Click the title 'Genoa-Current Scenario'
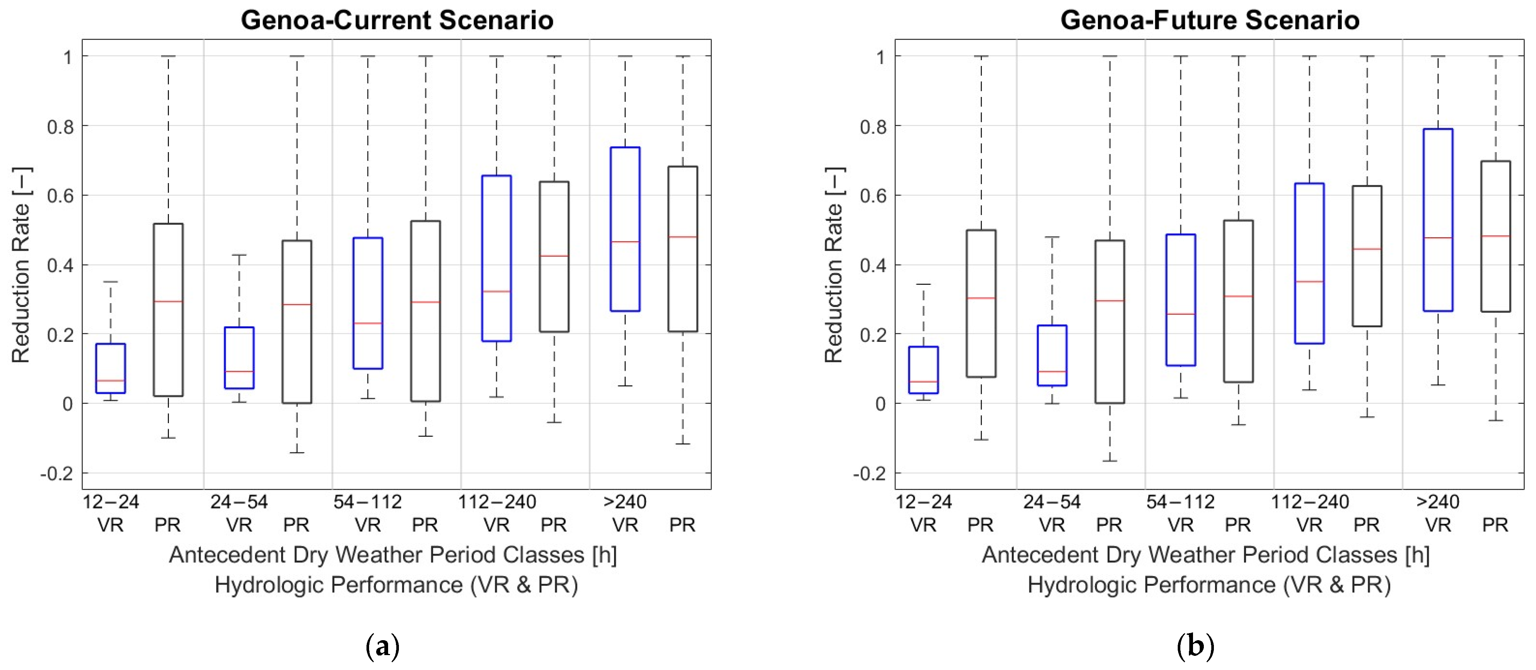[397, 20]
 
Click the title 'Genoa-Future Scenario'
[1209, 20]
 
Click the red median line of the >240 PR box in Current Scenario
[683, 237]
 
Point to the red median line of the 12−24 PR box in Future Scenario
[981, 298]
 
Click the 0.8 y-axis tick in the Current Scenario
[60, 126]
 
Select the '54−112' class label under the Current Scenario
[367, 502]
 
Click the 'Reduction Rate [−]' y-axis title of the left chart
[21, 265]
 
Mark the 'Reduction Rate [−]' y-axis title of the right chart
[834, 265]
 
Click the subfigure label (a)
[382, 646]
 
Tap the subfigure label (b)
[1195, 646]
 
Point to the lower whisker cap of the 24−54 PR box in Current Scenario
[297, 452]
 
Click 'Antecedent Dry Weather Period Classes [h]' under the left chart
[393, 555]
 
